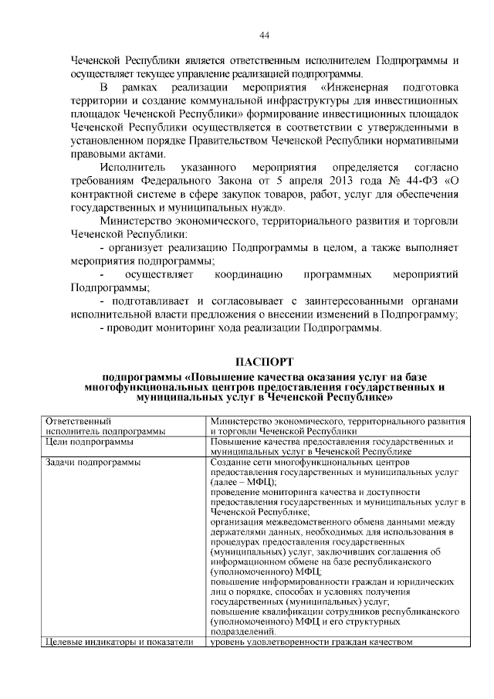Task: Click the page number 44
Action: (x=264, y=36)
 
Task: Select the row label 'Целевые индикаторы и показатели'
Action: (x=120, y=642)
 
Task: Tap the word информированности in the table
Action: (x=296, y=582)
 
